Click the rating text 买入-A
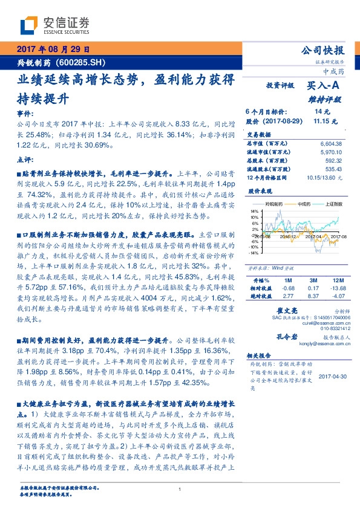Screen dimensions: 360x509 pyautogui.click(x=324, y=86)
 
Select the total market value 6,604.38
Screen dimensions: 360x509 pyautogui.click(x=330, y=143)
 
